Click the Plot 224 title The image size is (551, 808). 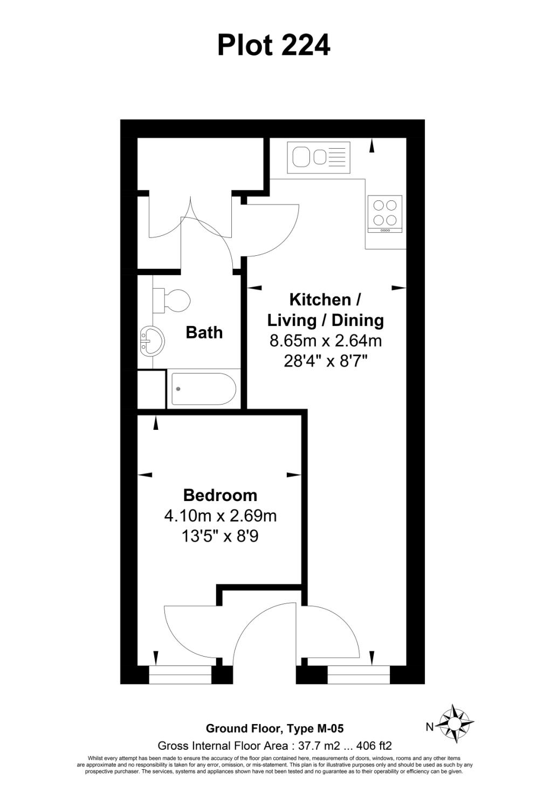click(273, 45)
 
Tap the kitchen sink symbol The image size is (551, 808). click(319, 157)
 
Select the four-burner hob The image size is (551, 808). click(385, 213)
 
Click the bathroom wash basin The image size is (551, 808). click(151, 341)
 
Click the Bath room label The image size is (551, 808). click(204, 332)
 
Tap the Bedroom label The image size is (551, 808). click(220, 495)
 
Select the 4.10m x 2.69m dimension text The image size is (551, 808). click(220, 516)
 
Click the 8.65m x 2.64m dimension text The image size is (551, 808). click(326, 340)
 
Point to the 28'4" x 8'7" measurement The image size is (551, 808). click(326, 361)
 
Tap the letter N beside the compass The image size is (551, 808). click(429, 727)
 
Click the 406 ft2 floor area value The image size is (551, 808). click(373, 746)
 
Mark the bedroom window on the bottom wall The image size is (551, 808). click(180, 674)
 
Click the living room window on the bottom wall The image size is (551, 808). click(359, 674)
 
